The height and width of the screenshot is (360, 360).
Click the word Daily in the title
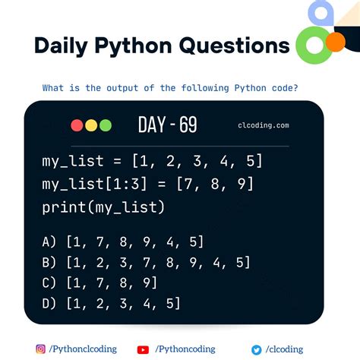(64, 46)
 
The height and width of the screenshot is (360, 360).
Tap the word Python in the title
(138, 46)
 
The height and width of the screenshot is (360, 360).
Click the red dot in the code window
(77, 125)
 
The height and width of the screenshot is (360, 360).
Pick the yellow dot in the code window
(91, 125)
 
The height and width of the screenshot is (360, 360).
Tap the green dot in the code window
(105, 125)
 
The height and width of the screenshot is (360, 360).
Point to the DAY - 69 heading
(168, 125)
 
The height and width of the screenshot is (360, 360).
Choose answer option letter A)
(50, 242)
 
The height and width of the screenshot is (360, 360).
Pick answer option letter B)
(50, 263)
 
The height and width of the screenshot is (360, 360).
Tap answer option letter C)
(50, 283)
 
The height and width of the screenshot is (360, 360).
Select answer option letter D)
(50, 304)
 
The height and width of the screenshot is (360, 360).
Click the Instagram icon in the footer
(40, 349)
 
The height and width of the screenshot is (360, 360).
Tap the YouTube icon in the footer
(143, 349)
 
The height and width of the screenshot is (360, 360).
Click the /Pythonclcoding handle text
(84, 349)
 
